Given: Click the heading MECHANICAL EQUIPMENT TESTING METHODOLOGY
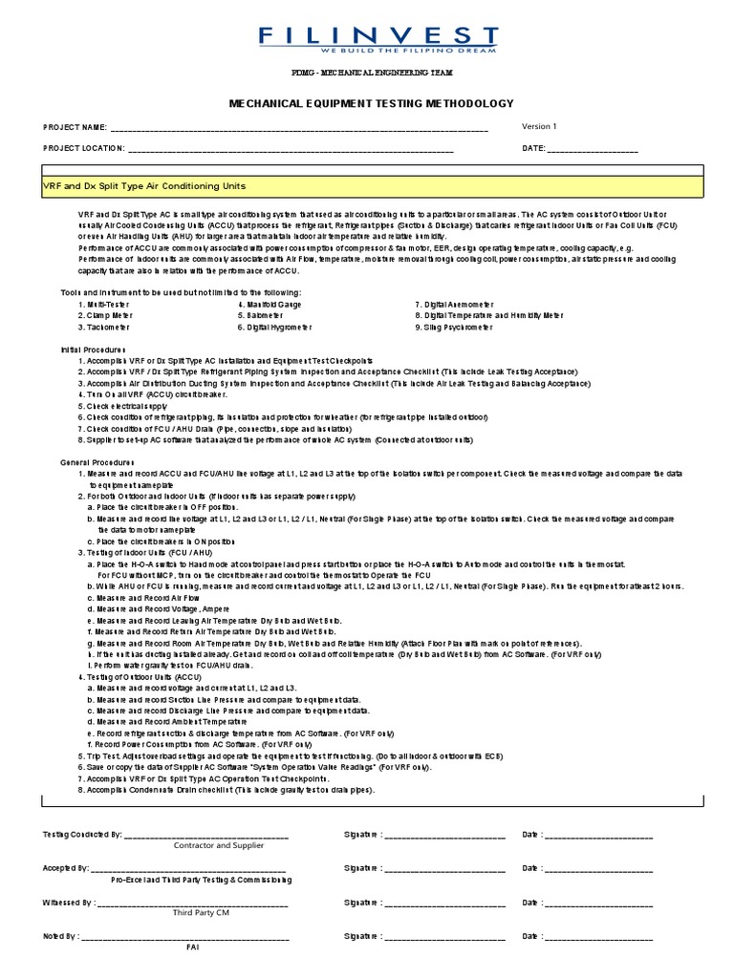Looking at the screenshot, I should (371, 103).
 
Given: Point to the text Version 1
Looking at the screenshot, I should (539, 126).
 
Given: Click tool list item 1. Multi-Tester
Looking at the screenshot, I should (104, 304).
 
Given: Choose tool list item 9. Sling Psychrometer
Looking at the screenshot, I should (454, 327).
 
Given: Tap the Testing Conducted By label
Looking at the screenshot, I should (82, 835).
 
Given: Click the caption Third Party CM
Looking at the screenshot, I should (201, 913).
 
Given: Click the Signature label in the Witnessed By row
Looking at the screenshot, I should (362, 902).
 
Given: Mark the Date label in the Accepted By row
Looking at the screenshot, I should (531, 868).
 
